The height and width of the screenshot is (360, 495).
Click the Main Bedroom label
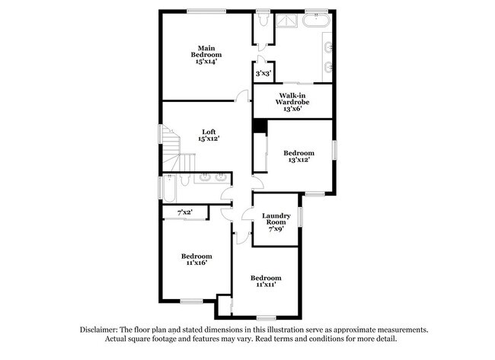[x=206, y=51]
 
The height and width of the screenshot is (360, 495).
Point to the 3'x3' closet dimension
[x=263, y=73]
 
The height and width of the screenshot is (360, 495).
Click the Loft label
[x=209, y=131]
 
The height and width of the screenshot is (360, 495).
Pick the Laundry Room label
[x=276, y=220]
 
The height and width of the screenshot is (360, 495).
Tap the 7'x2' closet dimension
[x=184, y=212]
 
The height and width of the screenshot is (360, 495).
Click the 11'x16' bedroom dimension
[x=196, y=263]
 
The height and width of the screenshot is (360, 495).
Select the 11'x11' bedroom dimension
[x=266, y=285]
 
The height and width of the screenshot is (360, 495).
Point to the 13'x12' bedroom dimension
[x=299, y=160]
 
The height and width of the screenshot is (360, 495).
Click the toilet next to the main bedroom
[x=261, y=22]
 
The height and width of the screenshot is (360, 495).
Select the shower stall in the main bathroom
[x=287, y=21]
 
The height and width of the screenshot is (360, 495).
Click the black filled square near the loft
[x=259, y=126]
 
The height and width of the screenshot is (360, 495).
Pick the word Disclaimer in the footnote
[x=101, y=330]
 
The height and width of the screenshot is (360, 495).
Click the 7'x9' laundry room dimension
[x=276, y=229]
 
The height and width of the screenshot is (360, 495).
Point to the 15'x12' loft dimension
[x=209, y=139]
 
